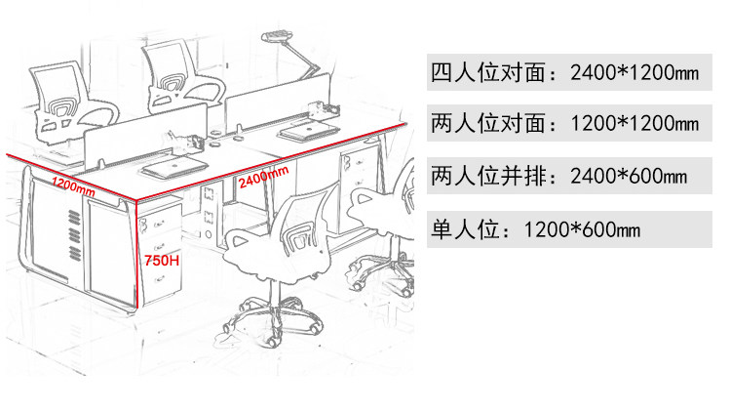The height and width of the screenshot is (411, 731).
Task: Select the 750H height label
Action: pos(161,262)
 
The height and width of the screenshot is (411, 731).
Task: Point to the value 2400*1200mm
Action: pos(628,72)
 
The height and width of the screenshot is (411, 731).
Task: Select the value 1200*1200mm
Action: pos(628,124)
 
